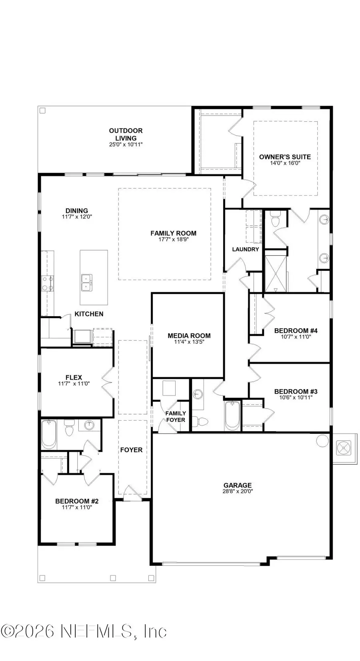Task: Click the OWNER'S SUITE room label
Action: pos(285,157)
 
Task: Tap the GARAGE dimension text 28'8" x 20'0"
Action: pos(238,491)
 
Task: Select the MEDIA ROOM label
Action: pos(189,336)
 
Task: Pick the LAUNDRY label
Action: pos(246,249)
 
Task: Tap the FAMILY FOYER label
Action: pos(176,417)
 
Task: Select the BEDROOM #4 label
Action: pos(296,330)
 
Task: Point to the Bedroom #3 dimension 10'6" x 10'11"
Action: pos(296,397)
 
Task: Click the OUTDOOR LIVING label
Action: pos(126,134)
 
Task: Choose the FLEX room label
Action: pos(74,377)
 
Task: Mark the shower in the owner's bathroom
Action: pos(276,271)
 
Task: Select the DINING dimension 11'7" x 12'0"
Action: pos(77,216)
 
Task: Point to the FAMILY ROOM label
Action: pos(173,233)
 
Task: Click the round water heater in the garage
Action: pos(322,441)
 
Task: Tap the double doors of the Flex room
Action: pos(108,383)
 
